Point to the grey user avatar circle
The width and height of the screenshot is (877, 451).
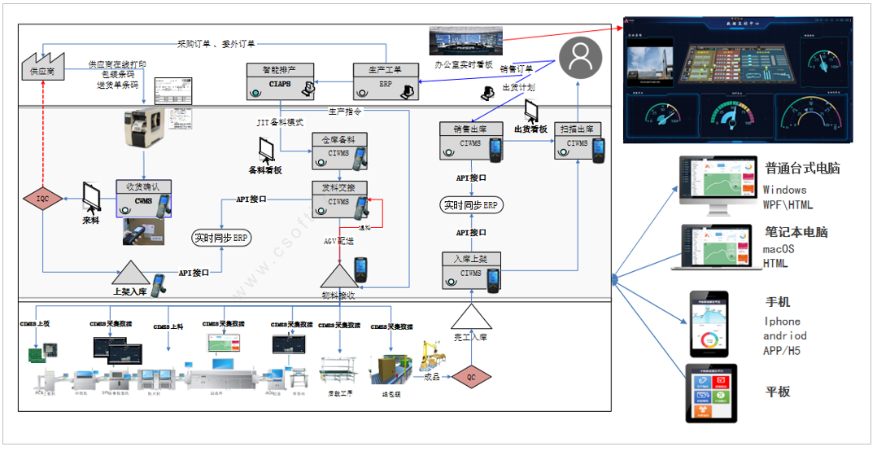(579, 57)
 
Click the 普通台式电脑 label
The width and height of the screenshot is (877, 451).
(801, 169)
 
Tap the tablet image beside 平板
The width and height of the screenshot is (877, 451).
(712, 393)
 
